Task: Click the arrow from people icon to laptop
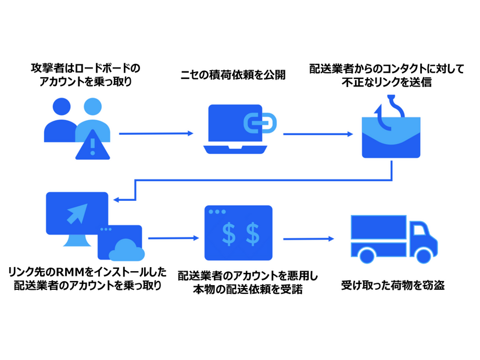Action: [156, 134]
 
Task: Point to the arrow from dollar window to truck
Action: [309, 238]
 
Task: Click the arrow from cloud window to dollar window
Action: [173, 238]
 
